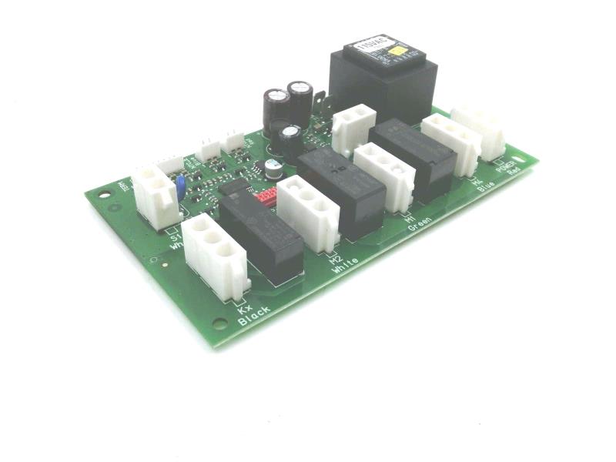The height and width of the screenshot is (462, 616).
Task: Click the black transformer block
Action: [383, 77]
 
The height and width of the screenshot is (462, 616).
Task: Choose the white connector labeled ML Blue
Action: [451, 144]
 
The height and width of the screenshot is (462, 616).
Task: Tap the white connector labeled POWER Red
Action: [478, 131]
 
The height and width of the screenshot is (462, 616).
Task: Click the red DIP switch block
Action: [267, 196]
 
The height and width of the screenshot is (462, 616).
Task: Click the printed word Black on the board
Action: [255, 316]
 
